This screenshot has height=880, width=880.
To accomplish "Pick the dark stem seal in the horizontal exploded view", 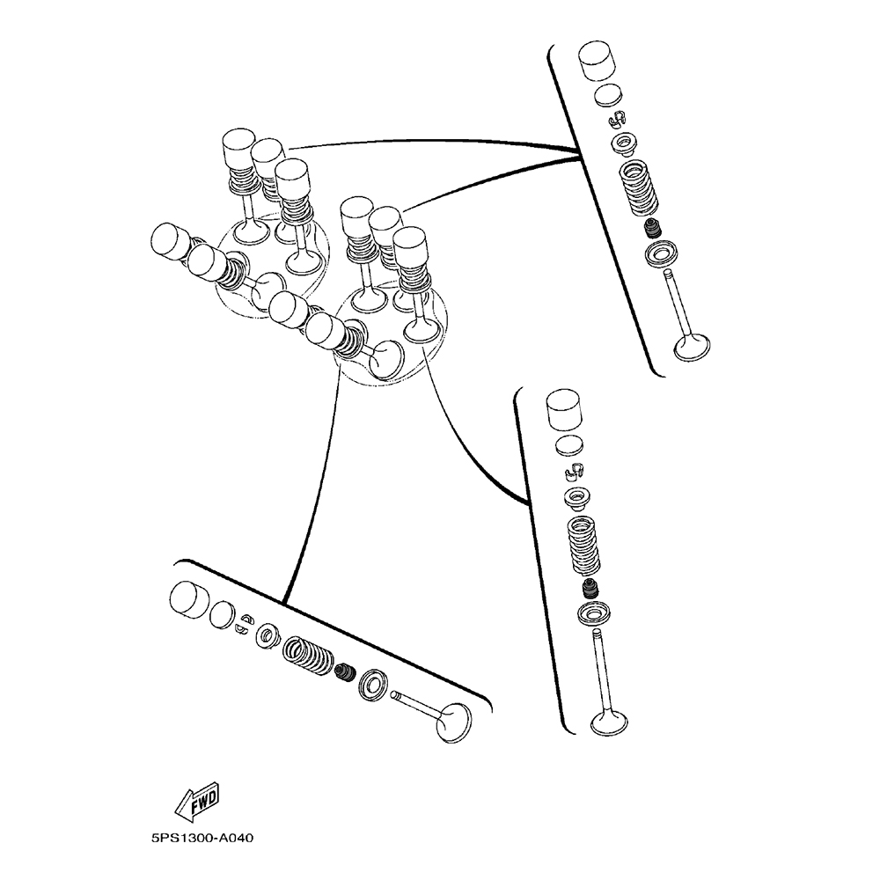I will [344, 674].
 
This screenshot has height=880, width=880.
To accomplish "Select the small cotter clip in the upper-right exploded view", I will [618, 118].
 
